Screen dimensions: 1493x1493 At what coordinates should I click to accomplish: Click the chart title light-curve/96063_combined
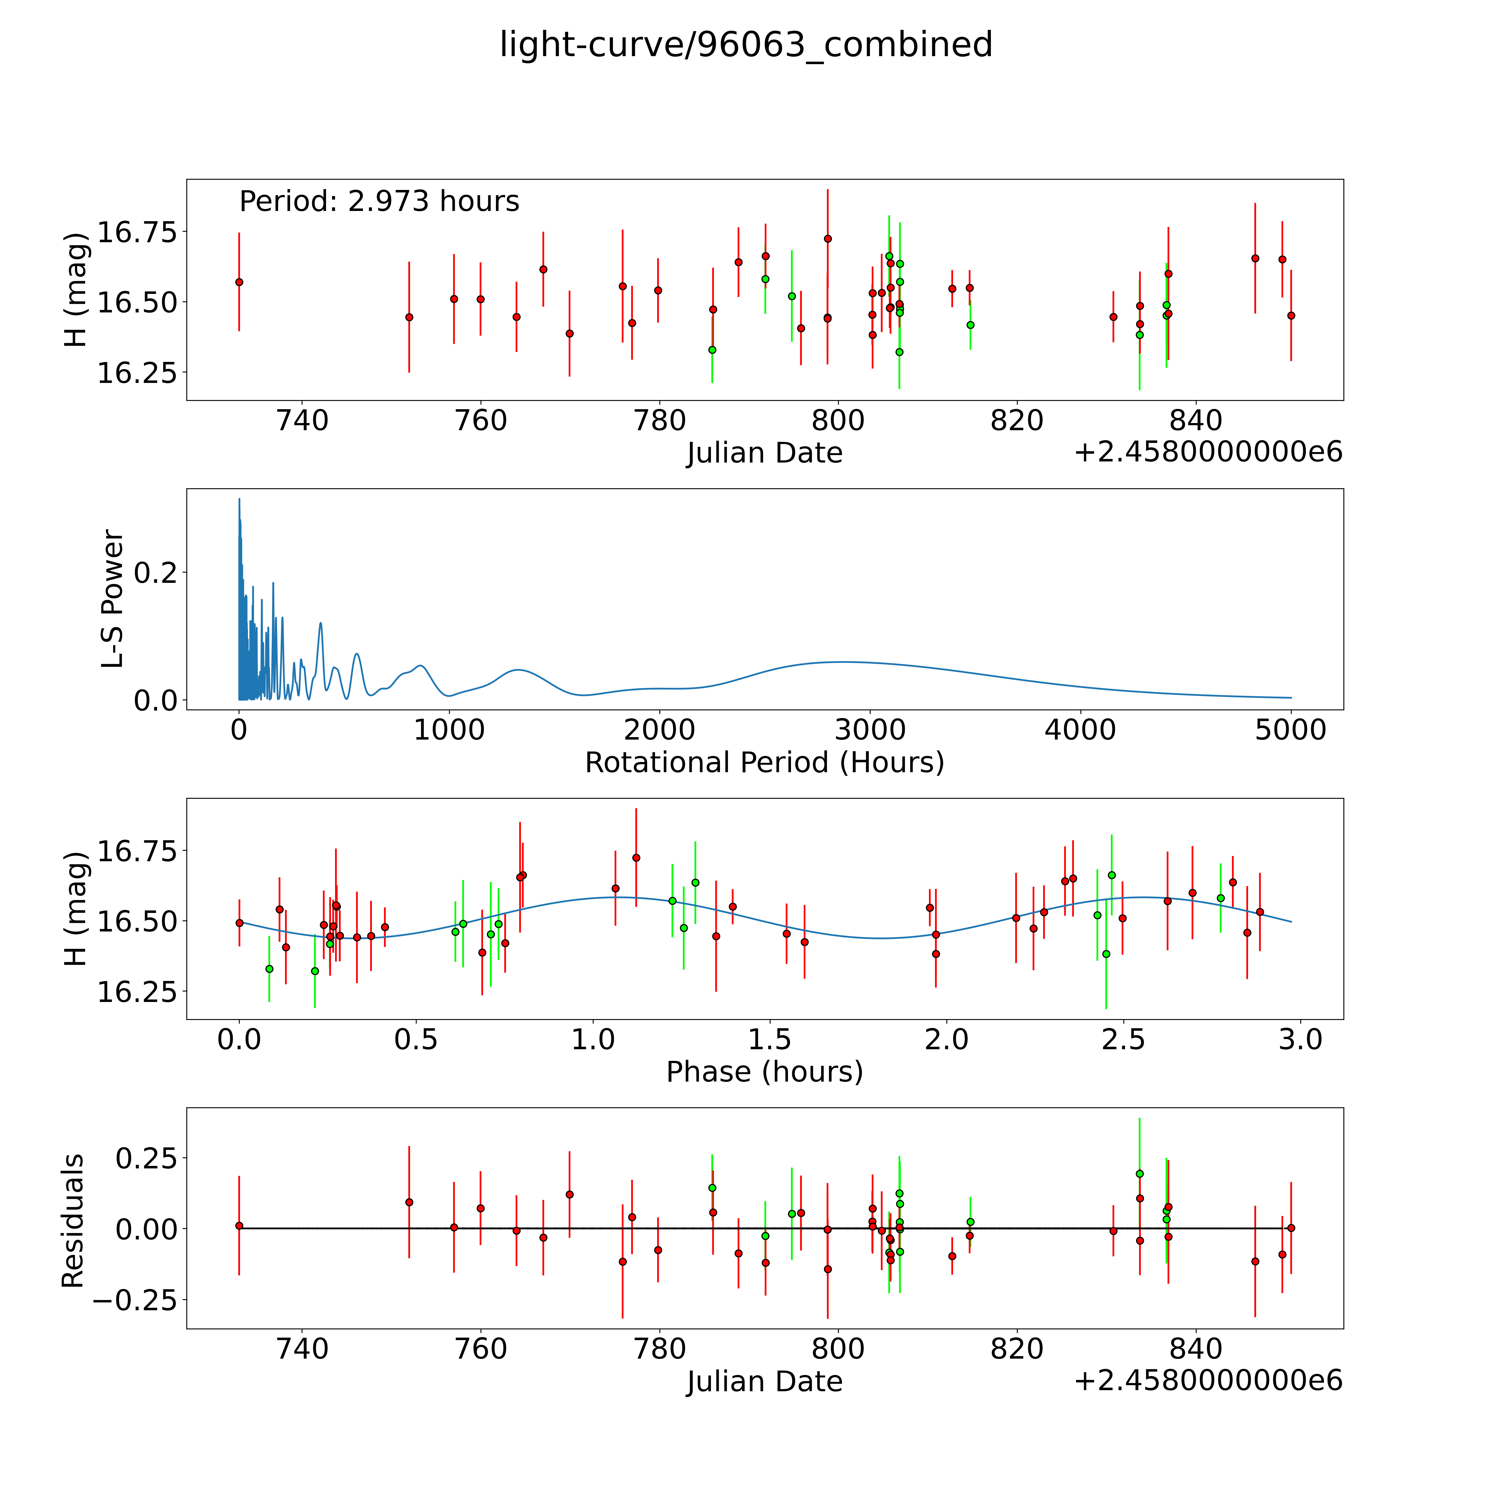pos(746,45)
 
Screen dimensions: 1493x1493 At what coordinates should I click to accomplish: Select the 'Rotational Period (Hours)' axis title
pos(764,763)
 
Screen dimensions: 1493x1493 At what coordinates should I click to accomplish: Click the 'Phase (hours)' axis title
pos(764,1072)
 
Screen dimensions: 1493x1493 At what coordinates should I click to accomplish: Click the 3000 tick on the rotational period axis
pos(870,730)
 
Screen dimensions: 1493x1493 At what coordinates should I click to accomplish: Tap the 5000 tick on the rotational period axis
pos(1291,730)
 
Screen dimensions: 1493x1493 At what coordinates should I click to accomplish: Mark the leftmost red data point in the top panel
pos(239,282)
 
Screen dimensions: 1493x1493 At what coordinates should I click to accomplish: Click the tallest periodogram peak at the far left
pos(239,499)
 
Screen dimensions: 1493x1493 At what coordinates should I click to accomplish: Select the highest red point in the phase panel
pos(636,858)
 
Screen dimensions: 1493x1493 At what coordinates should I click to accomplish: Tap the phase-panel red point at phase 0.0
pos(239,923)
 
